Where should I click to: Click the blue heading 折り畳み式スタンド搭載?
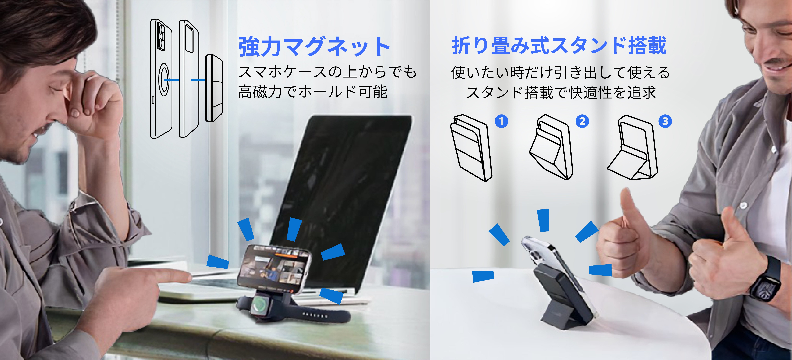559,45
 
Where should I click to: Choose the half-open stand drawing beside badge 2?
551,147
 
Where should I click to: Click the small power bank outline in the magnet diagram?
214,88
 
